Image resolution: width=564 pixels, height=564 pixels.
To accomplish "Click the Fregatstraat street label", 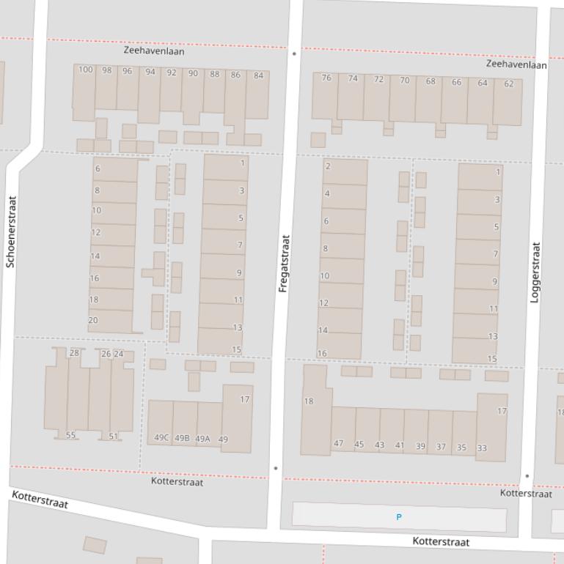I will (285, 264).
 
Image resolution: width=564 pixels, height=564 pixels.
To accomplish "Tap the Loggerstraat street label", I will (535, 272).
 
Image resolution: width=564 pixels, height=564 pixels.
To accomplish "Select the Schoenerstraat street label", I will (10, 231).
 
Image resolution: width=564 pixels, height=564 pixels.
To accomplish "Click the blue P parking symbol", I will (399, 517).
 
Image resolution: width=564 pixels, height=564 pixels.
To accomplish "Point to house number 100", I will (85, 70).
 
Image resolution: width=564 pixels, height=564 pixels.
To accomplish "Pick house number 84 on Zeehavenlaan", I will (258, 75).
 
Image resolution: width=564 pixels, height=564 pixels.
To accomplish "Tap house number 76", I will (326, 78).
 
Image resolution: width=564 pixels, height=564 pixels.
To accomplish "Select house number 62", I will (509, 84).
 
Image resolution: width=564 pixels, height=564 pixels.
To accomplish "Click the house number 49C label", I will (161, 438).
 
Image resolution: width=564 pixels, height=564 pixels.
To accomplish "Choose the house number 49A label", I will (202, 439).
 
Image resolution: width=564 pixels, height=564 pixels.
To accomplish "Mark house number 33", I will (482, 448).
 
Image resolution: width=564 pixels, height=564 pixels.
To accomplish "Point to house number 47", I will (338, 443).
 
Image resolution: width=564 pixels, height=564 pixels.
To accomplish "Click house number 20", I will (93, 320).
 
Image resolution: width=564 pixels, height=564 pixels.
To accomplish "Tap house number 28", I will (74, 353).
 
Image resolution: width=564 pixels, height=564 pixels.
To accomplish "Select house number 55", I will (70, 435).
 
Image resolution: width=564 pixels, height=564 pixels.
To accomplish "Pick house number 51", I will (113, 437).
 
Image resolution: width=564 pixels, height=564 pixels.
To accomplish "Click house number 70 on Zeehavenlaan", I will (404, 81).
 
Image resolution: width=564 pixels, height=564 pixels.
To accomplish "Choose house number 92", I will (171, 73).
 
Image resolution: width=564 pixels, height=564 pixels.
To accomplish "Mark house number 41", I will (400, 445).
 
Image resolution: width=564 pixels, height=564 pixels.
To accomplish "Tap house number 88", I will (214, 74).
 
